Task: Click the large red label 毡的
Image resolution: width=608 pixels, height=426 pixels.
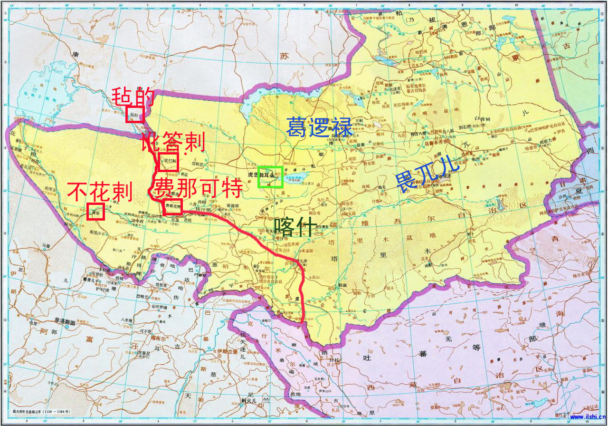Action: [x=133, y=97]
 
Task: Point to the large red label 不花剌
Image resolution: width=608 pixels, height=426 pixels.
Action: [x=100, y=192]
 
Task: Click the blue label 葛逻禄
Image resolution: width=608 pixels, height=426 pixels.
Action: [x=319, y=127]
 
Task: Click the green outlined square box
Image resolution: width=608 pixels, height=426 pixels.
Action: [x=270, y=177]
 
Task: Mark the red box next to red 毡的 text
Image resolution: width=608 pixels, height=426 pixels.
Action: [x=134, y=115]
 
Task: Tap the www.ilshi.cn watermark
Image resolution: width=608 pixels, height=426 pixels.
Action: [x=587, y=417]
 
